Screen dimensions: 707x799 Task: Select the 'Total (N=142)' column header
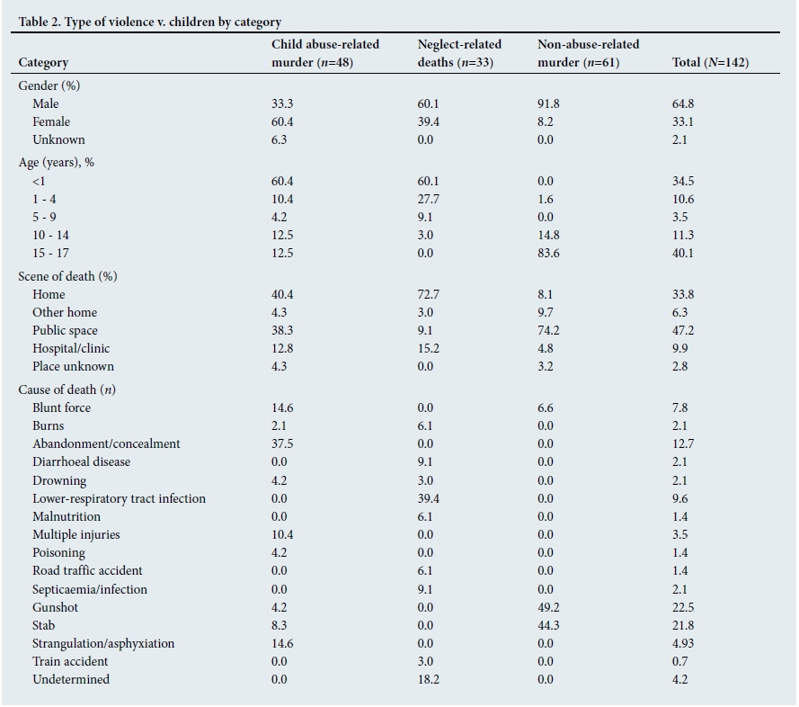[x=710, y=62]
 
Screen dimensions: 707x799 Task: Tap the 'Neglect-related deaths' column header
[x=459, y=53]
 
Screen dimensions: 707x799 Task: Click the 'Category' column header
[x=43, y=62]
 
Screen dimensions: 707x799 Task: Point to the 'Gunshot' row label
[x=55, y=607]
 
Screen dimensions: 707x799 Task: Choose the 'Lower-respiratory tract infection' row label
[x=119, y=498]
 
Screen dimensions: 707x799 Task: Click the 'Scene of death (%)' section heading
[x=67, y=276]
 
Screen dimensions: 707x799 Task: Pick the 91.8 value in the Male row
[x=549, y=103]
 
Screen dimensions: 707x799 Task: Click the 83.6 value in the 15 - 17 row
[x=549, y=253]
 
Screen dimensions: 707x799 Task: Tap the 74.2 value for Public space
[x=549, y=330]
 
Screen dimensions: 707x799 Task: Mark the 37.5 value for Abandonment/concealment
[x=284, y=443]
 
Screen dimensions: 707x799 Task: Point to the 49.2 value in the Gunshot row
[x=549, y=607]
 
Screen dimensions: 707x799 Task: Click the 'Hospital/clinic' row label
[x=71, y=348]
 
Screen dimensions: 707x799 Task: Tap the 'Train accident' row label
[x=70, y=661]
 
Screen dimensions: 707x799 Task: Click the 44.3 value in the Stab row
[x=549, y=625]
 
